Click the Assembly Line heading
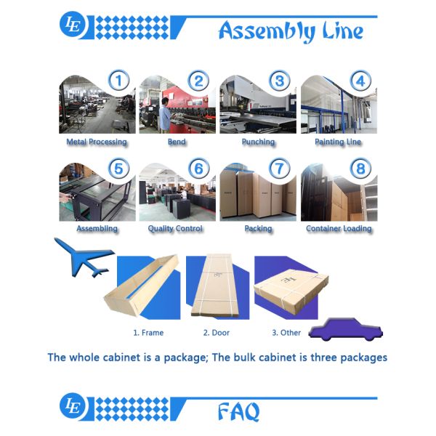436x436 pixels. tap(291, 31)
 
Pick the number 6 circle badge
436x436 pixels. tap(198, 169)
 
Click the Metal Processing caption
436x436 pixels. tap(97, 142)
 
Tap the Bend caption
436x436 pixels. tap(177, 142)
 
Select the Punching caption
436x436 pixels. tap(258, 142)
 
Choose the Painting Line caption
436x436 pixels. tap(338, 142)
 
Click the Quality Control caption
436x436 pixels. tap(176, 228)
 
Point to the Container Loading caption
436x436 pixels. tap(339, 228)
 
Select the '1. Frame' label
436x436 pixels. tap(148, 333)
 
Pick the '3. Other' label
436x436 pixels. tap(286, 333)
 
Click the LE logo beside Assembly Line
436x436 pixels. tap(73, 25)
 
